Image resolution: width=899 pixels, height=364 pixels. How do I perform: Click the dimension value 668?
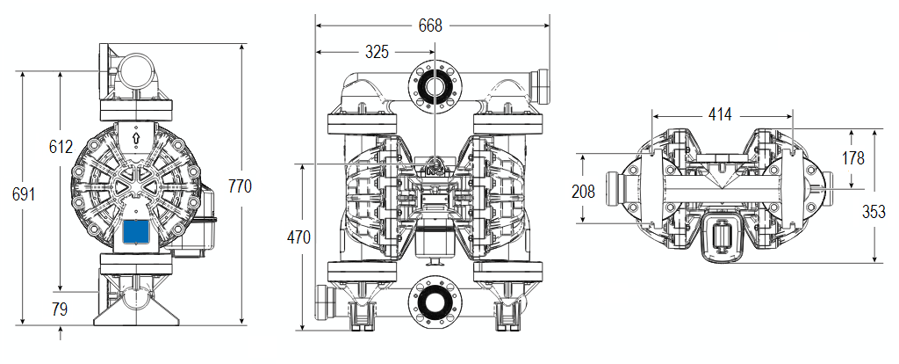click(x=430, y=25)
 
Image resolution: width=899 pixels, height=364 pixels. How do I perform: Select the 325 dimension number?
click(x=377, y=52)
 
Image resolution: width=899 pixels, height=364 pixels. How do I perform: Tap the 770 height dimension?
click(x=240, y=186)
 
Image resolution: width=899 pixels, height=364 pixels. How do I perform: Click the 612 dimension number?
click(x=61, y=148)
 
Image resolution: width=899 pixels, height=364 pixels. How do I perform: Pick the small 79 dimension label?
click(x=61, y=309)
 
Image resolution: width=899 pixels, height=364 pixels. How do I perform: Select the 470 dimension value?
click(x=300, y=237)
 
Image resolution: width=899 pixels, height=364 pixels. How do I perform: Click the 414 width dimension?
click(x=722, y=114)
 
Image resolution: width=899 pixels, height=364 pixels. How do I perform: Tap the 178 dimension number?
click(x=852, y=158)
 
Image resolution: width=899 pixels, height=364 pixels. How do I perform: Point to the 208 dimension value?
click(x=582, y=191)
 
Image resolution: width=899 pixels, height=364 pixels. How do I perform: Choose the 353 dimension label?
click(x=874, y=212)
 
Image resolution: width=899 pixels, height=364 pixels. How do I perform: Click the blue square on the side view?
click(x=136, y=232)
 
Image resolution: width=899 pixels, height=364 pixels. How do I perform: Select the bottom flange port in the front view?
click(x=431, y=302)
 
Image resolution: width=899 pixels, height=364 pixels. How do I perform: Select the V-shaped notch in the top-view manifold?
click(x=722, y=180)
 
